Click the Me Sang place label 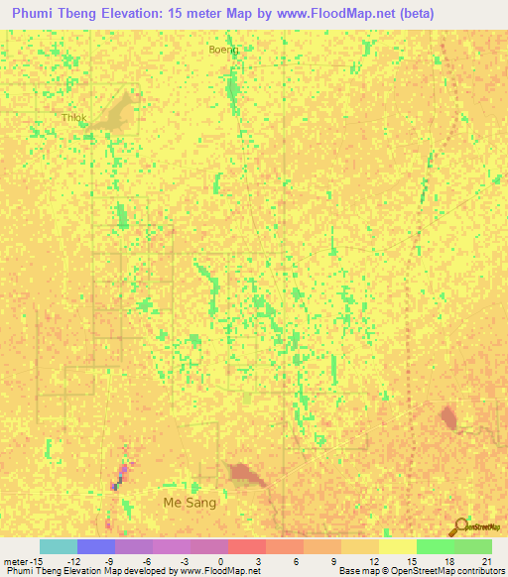coord(190,503)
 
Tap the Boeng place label coord(224,50)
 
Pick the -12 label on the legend coord(73,560)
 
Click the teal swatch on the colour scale coord(59,546)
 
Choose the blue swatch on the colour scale coord(96,546)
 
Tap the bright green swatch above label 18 coord(435,546)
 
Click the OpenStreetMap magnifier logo coord(458,526)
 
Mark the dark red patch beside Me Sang coord(243,473)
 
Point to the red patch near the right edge coord(448,416)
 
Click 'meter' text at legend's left coord(15,560)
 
